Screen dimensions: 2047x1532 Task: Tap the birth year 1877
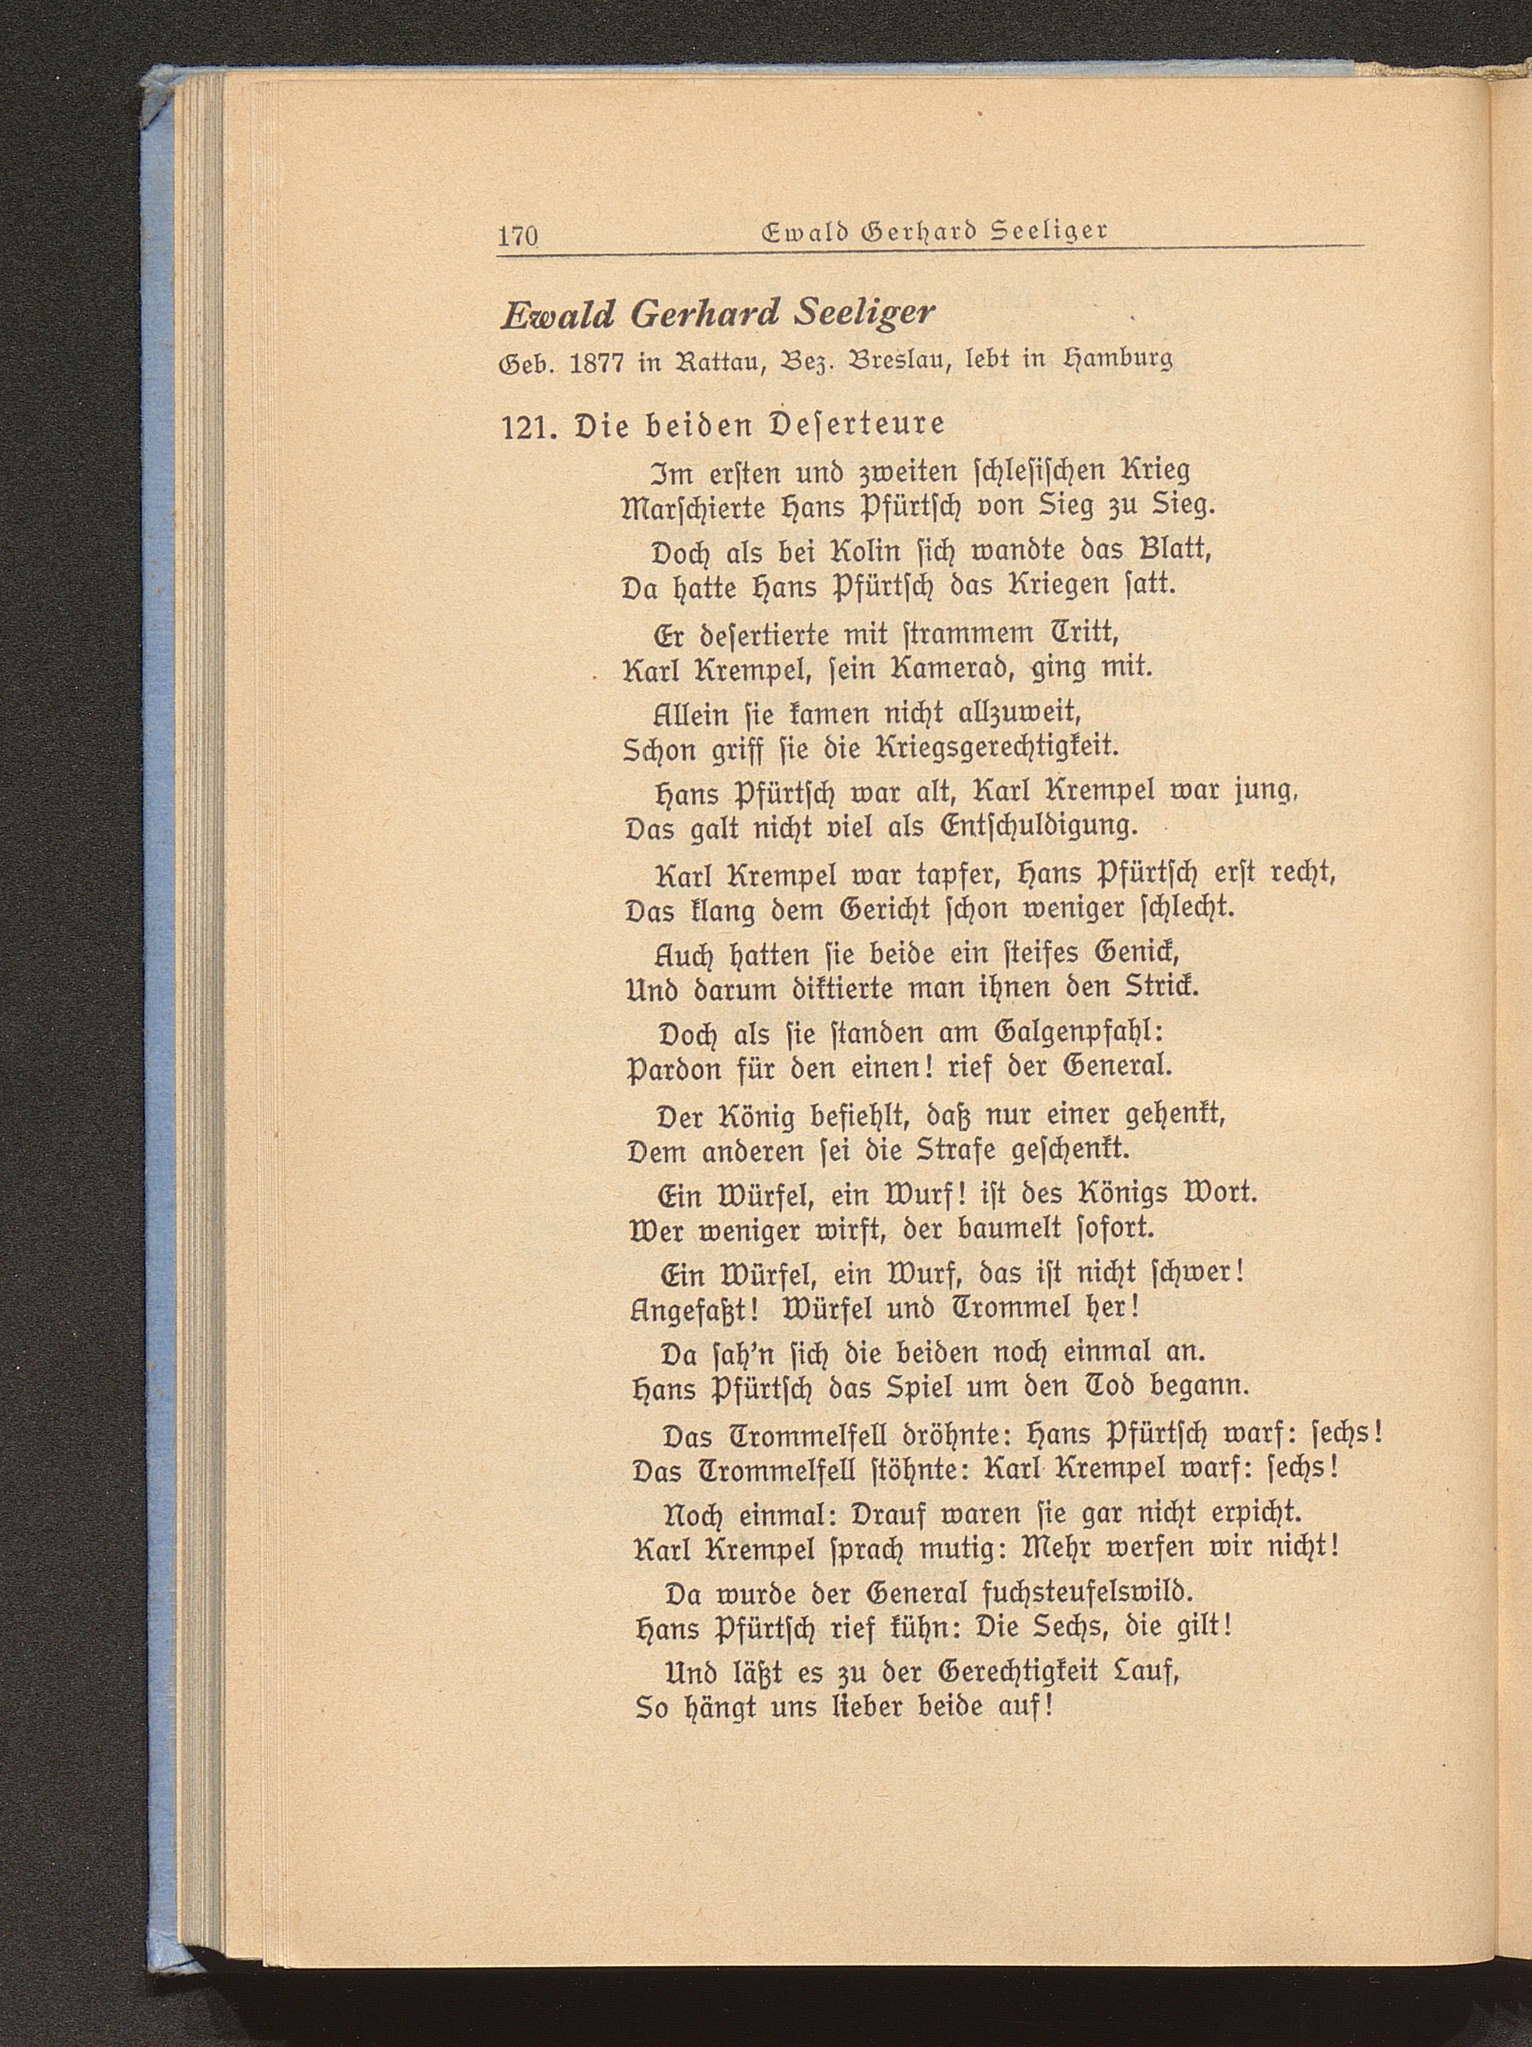[x=597, y=362]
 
